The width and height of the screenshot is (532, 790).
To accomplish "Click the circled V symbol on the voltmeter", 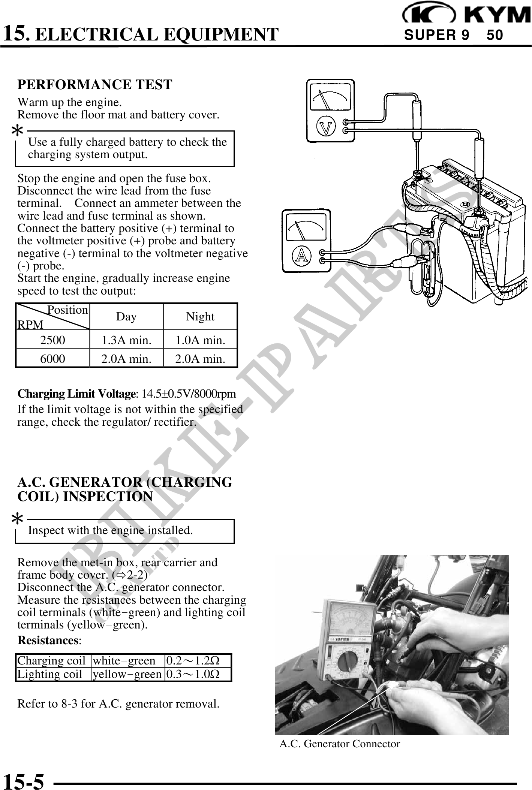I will click(x=325, y=127).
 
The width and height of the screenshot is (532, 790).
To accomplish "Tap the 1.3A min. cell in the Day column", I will click(x=127, y=340).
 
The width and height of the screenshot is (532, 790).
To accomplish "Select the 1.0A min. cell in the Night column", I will click(x=201, y=340).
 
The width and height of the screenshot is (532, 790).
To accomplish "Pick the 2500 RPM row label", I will click(x=52, y=340).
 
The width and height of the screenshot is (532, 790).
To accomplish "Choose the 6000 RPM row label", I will click(x=52, y=359).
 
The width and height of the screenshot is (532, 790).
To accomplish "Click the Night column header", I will click(x=200, y=317).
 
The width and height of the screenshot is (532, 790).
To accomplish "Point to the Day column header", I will click(x=126, y=317).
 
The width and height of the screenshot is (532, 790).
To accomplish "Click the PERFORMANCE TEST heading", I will click(x=95, y=85).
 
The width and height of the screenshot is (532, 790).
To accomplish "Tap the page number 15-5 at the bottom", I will click(x=24, y=781).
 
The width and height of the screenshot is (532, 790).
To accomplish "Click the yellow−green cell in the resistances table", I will click(x=127, y=674).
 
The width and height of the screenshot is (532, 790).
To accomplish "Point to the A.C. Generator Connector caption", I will click(x=340, y=744).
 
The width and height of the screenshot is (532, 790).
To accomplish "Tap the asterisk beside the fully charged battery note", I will click(x=17, y=132).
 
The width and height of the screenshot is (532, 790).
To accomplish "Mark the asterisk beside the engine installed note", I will click(x=17, y=520).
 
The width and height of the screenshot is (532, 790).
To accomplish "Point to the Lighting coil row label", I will click(x=49, y=674).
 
